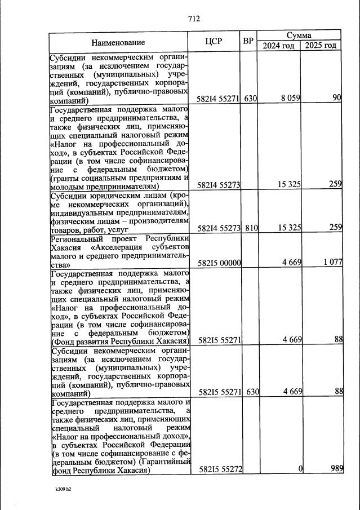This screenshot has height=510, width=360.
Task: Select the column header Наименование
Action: [118, 42]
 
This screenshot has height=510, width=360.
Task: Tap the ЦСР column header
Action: [216, 42]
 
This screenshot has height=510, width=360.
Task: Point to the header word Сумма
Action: [299, 36]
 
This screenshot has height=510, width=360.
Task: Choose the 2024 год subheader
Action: [278, 46]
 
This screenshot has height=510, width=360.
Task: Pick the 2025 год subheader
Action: [321, 46]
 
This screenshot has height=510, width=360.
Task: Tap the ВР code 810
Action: [251, 228]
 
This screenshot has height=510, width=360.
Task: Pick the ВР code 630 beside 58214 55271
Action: [251, 99]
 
